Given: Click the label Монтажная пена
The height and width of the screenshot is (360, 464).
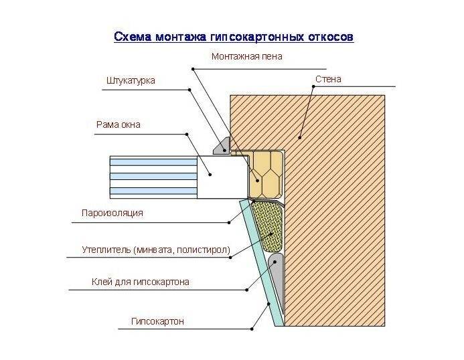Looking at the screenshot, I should point(246,57).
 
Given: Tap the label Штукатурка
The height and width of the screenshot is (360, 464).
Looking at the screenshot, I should point(131,80).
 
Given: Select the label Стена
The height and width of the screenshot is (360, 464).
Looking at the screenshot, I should point(328,80).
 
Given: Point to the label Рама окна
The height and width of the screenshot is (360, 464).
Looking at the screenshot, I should point(119,124).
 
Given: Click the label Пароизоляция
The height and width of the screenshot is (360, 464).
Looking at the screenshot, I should point(112,213).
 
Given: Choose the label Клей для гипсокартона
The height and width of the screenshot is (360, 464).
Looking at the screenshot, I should point(140,282).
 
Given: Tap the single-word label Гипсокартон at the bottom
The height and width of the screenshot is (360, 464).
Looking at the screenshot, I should point(157,322).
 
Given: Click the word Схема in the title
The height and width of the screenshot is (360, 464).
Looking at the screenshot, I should point(132,36).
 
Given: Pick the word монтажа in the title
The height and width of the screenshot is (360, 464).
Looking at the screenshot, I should point(181,36).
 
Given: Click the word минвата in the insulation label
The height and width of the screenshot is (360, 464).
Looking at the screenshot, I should point(156,250).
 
